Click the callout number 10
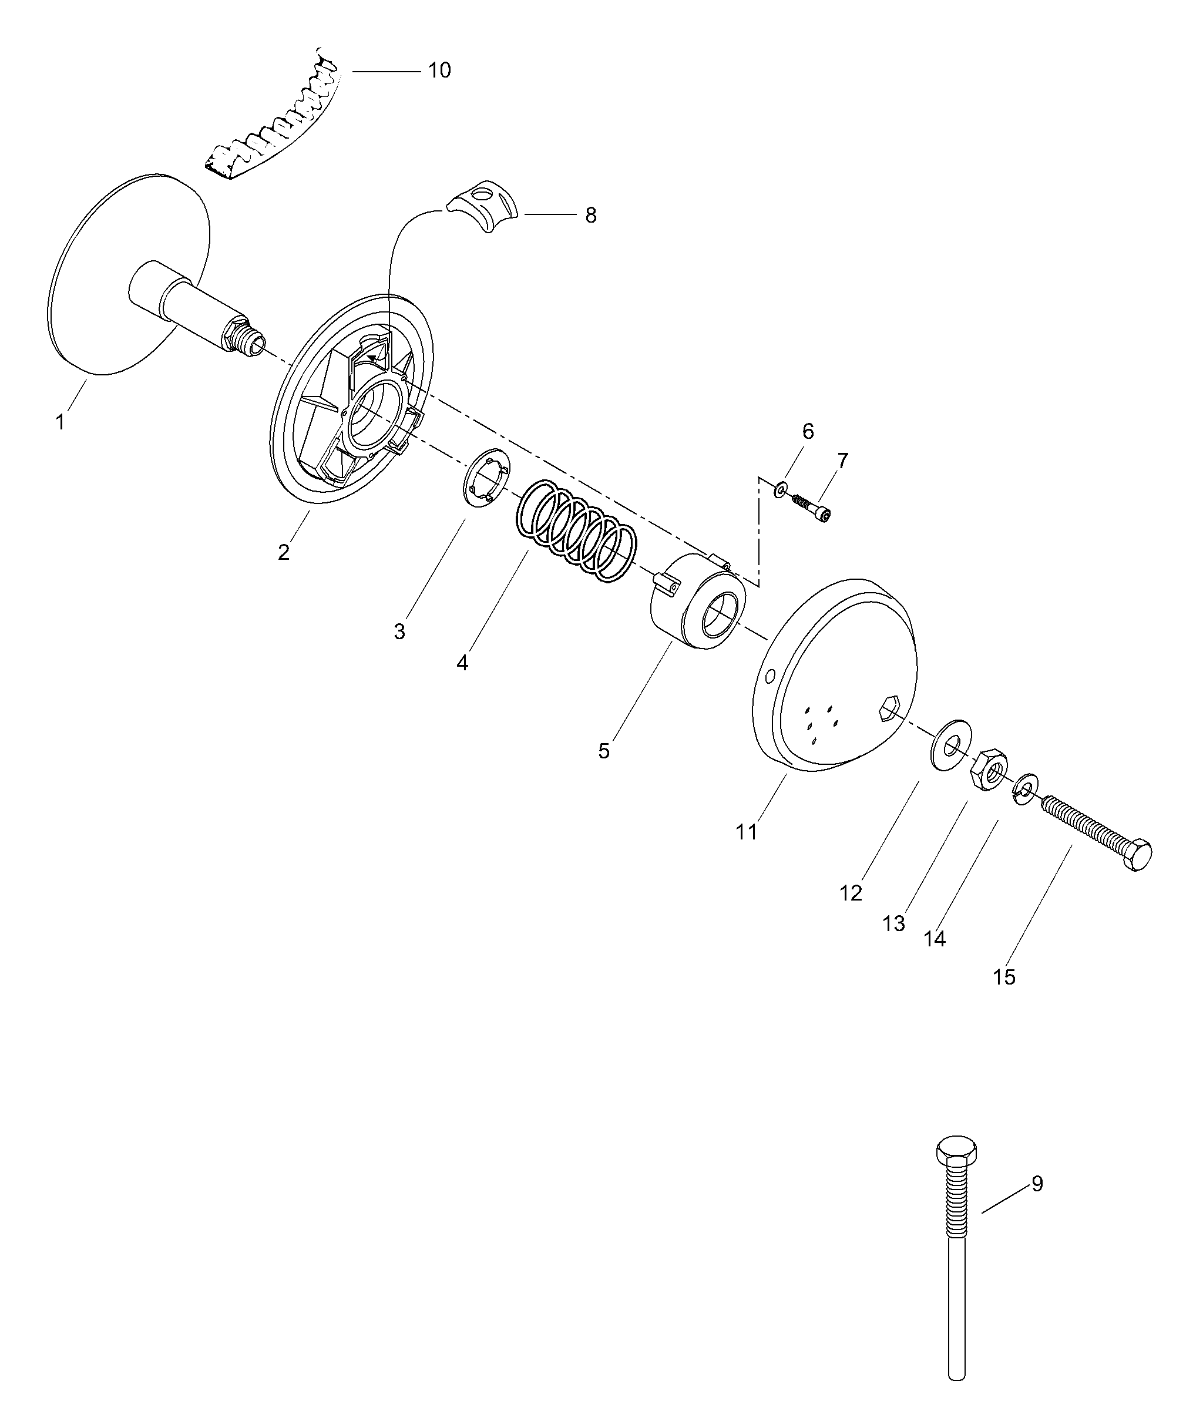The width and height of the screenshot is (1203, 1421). tap(439, 70)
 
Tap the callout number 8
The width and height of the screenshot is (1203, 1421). tap(590, 216)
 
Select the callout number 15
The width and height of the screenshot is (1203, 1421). tap(1004, 977)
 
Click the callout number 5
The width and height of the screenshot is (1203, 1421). tap(603, 751)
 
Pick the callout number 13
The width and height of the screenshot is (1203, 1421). tap(893, 923)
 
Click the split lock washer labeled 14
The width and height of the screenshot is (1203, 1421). tap(1025, 788)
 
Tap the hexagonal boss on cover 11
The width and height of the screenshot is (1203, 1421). tap(888, 708)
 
